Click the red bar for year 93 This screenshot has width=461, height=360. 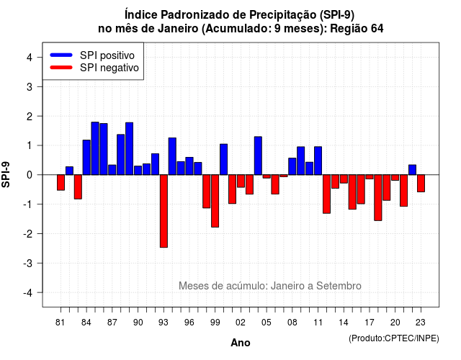tap(164, 211)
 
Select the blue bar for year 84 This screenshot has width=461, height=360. tap(86, 158)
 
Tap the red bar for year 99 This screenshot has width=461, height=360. tap(215, 201)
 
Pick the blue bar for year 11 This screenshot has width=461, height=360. tap(318, 161)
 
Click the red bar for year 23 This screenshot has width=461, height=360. tap(421, 184)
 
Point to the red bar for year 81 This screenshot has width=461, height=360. tap(61, 182)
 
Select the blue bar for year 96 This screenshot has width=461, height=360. tap(189, 166)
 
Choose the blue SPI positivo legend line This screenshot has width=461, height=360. tap(61, 55)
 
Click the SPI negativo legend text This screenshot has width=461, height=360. tap(109, 68)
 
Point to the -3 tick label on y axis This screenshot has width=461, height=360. tap(28, 264)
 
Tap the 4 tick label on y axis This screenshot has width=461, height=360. tap(30, 58)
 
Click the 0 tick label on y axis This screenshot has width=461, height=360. tap(30, 175)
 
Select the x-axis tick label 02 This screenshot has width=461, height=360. tap(241, 323)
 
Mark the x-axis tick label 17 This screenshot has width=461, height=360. tap(370, 323)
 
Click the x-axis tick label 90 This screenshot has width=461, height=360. tap(138, 323)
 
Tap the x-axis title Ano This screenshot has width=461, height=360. tap(241, 343)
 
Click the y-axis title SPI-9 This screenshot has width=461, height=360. tap(6, 175)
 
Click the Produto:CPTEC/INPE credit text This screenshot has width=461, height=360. tap(394, 338)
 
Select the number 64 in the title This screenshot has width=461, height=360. tap(377, 29)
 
